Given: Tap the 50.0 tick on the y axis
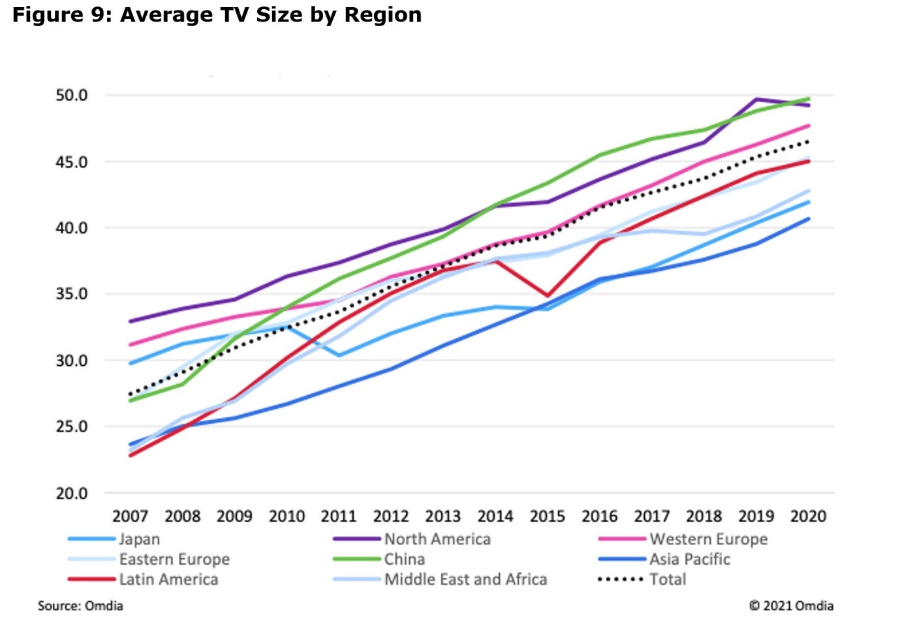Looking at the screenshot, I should (71, 95).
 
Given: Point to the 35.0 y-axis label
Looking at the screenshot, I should (71, 294).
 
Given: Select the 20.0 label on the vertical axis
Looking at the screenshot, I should (71, 494).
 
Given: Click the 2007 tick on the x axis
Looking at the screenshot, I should (130, 516).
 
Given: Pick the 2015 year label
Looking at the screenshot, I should (547, 516).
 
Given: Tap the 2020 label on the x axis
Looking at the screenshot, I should (808, 516).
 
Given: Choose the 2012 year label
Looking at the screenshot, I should (390, 516).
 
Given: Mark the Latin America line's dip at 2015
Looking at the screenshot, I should (548, 296).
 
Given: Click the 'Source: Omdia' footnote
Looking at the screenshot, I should (80, 606).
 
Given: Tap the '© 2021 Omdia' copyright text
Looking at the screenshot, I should (791, 606).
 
